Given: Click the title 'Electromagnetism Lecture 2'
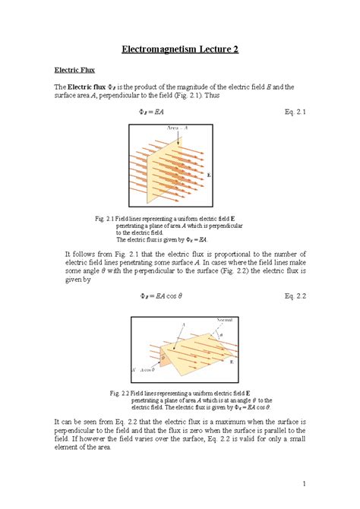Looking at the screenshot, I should click(180, 49).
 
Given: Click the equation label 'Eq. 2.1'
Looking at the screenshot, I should click(292, 113).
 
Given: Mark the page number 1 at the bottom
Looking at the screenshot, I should click(303, 483).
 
